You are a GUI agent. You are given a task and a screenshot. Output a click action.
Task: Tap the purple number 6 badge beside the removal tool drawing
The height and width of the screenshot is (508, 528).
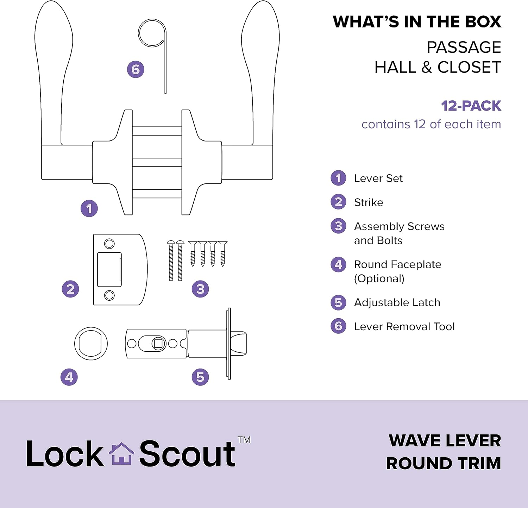pyautogui.click(x=136, y=69)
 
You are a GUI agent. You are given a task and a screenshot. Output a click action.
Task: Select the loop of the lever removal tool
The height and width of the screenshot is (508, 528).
pyautogui.click(x=151, y=33)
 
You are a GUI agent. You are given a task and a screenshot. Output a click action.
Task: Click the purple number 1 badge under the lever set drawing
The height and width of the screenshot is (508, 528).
pyautogui.click(x=89, y=208)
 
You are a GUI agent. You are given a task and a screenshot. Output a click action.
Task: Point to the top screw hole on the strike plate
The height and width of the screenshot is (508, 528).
pyautogui.click(x=109, y=244)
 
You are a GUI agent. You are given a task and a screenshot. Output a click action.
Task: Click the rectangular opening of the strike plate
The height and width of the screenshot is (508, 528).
pyautogui.click(x=109, y=269)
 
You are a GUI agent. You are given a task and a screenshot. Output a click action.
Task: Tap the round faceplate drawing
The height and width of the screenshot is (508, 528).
pyautogui.click(x=91, y=343)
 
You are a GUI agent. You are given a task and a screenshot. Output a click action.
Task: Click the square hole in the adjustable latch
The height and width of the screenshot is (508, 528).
pyautogui.click(x=158, y=344)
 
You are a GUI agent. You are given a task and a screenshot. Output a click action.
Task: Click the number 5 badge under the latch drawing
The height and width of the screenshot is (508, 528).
pyautogui.click(x=200, y=377)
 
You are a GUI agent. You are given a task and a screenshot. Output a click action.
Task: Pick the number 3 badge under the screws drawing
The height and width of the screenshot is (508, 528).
pyautogui.click(x=200, y=289)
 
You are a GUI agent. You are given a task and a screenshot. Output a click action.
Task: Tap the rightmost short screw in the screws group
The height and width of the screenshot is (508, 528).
pyautogui.click(x=222, y=253)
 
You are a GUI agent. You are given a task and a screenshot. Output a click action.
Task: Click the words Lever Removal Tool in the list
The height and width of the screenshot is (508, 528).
pyautogui.click(x=404, y=326)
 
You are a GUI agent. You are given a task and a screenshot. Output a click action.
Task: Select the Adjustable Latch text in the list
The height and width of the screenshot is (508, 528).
pyautogui.click(x=397, y=302)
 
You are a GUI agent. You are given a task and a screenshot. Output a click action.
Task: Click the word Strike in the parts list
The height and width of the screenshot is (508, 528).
pyautogui.click(x=369, y=202)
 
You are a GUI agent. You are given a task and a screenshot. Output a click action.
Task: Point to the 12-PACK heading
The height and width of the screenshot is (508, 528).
pyautogui.click(x=471, y=106)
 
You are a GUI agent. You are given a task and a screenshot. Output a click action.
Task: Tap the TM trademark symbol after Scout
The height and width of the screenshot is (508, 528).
pyautogui.click(x=244, y=440)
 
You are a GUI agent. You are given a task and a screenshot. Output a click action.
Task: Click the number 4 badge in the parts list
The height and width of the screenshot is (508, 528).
pyautogui.click(x=338, y=264)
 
